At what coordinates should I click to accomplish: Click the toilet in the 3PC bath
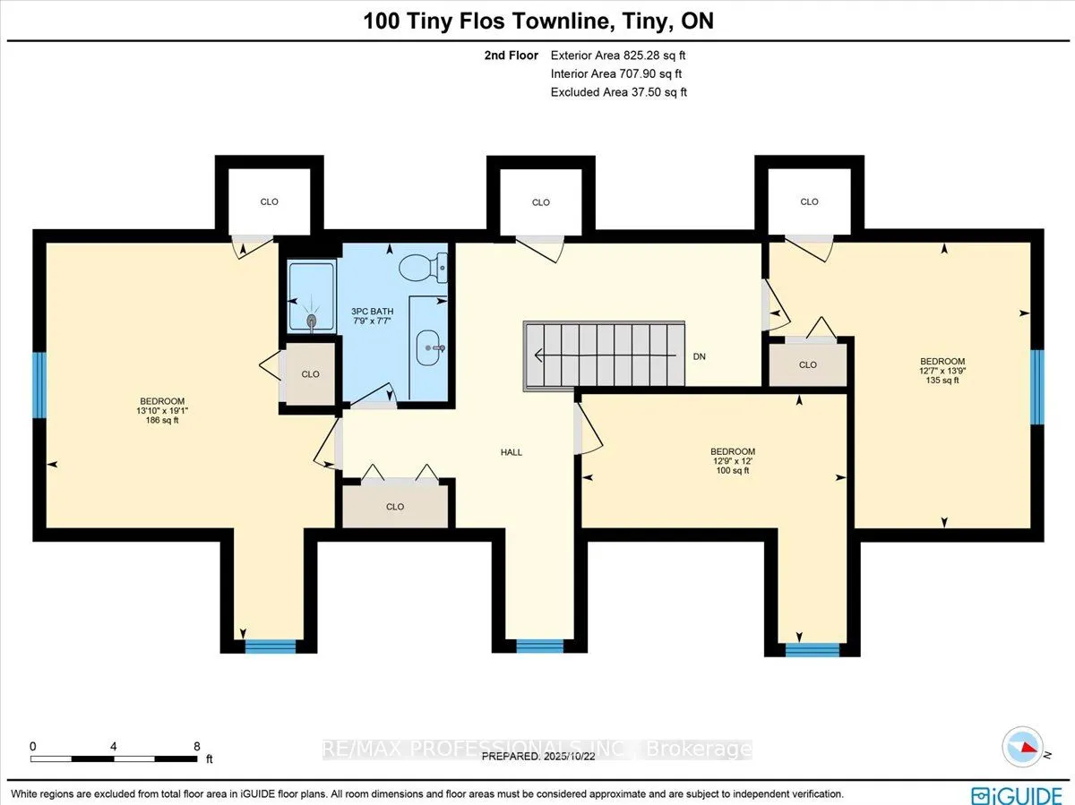[423, 268]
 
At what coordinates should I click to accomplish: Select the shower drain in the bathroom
[312, 321]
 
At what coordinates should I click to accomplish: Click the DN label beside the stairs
[700, 356]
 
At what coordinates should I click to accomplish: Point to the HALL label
[512, 453]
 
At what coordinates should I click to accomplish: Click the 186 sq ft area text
[162, 420]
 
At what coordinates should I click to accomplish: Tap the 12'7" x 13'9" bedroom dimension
[942, 371]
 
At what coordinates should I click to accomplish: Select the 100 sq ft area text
[733, 471]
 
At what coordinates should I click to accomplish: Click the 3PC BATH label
[372, 312]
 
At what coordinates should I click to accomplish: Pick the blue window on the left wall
[39, 385]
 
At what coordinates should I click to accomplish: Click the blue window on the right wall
[1036, 387]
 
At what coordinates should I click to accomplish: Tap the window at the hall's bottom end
[539, 646]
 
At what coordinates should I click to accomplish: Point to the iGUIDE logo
[1017, 795]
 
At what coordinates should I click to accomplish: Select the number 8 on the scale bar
[197, 746]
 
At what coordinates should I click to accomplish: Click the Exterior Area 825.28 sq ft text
[618, 56]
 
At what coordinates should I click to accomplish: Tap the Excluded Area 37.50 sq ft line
[618, 92]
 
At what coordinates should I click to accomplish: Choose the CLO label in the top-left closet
[270, 202]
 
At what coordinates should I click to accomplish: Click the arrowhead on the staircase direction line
[538, 355]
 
